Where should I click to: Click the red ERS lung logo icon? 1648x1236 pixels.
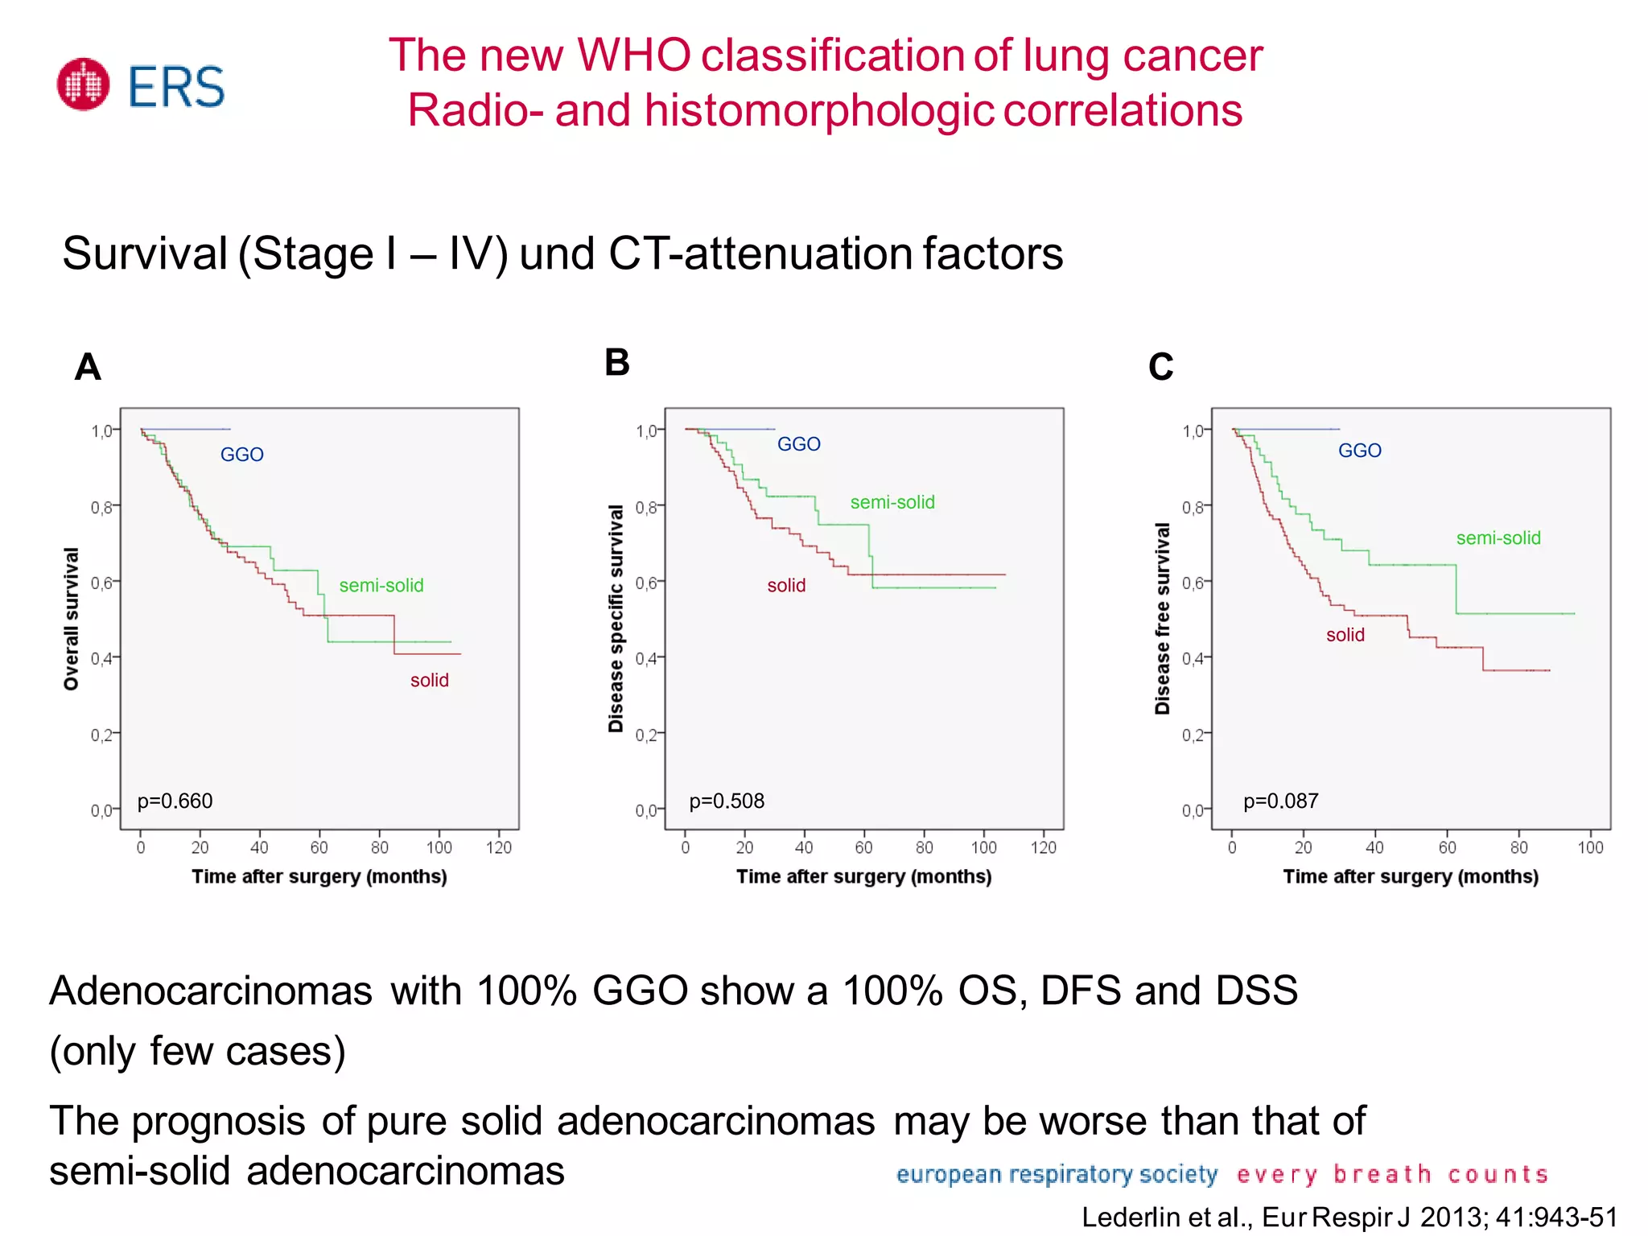83,84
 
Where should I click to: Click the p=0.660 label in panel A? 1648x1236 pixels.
175,801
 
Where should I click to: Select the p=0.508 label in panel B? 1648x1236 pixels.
727,801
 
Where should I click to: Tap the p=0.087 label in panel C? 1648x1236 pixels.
1280,801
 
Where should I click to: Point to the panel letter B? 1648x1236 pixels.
617,363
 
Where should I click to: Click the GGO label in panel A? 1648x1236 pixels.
241,455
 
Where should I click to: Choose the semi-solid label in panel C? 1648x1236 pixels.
1498,538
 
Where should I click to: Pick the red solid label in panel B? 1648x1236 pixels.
786,585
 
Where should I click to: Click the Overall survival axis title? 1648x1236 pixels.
72,618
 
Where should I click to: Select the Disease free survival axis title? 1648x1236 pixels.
1162,618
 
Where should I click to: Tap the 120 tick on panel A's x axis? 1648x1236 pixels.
499,847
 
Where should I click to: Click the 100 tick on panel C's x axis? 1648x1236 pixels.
1590,847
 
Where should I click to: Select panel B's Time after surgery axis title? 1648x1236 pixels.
863,876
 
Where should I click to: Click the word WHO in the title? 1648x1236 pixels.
633,56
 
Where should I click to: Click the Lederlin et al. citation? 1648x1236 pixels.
1349,1217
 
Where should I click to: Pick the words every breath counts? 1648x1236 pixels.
1392,1174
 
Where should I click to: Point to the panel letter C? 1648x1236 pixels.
1160,367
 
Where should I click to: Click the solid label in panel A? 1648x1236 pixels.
429,680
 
